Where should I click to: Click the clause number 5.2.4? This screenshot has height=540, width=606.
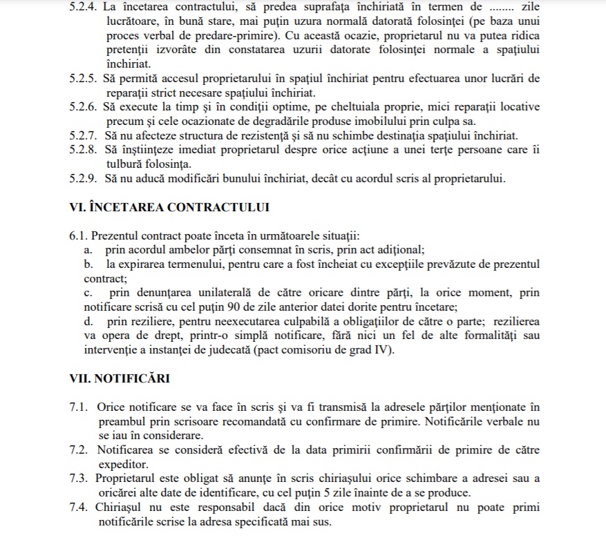click(x=84, y=8)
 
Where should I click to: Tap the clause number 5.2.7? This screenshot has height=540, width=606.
click(x=84, y=135)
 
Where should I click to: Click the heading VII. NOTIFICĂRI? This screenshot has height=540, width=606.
click(x=120, y=378)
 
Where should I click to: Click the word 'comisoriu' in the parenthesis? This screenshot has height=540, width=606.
click(x=309, y=350)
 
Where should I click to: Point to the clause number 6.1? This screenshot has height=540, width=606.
click(x=78, y=236)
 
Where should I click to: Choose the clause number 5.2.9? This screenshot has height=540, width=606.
click(x=84, y=178)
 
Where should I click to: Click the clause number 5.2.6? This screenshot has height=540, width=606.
click(x=84, y=107)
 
